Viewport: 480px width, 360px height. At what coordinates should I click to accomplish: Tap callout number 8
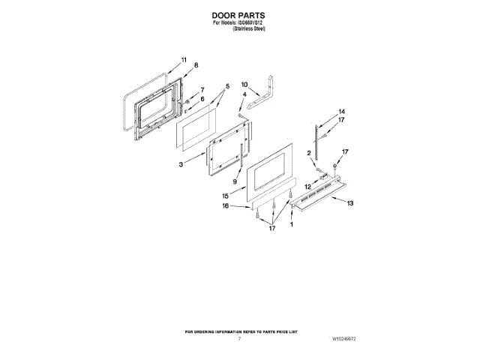point(196,65)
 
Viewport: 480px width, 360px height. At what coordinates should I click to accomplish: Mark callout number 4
point(244,94)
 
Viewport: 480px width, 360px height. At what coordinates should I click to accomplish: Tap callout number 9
point(235,182)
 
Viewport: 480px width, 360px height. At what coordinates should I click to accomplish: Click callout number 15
point(235,196)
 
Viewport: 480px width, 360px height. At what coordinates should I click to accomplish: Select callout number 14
point(341,111)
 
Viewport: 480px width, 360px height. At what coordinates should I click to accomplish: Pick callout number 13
point(350,202)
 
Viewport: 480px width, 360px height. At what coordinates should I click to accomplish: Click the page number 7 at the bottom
point(239,340)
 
